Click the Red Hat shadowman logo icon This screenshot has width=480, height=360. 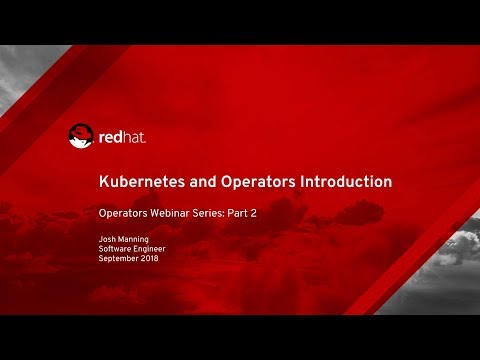[x=82, y=136]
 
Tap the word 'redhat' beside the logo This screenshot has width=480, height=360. [x=122, y=137]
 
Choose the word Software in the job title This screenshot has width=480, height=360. [x=116, y=250]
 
